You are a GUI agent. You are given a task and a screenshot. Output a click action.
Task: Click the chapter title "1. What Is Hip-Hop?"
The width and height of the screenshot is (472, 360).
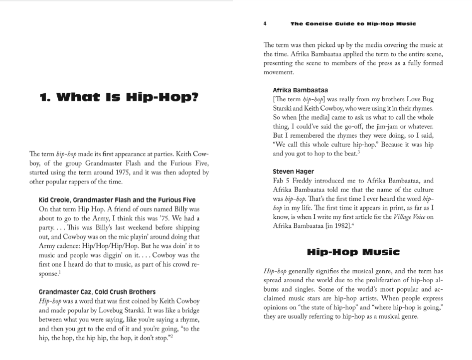(119, 96)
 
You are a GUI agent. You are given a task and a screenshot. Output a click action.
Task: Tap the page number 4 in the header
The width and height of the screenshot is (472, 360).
(265, 23)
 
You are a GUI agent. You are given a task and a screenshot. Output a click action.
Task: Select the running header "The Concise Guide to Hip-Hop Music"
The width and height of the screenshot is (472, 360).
(353, 23)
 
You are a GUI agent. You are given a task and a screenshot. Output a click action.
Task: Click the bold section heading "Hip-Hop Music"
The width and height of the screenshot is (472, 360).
(353, 251)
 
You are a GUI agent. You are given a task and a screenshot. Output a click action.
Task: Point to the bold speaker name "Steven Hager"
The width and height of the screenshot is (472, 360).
(293, 172)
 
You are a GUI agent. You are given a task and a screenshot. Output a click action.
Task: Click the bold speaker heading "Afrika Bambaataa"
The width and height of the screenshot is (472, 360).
(300, 90)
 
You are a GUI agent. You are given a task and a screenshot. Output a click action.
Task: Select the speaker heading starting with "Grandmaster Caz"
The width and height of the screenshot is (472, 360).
(97, 292)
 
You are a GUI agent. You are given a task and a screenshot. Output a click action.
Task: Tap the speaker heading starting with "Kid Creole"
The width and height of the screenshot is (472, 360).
(117, 200)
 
